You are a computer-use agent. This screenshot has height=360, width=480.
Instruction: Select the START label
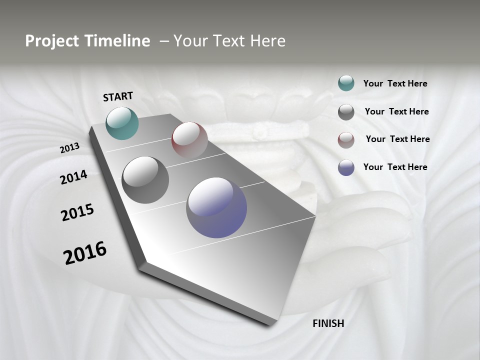coord(118,96)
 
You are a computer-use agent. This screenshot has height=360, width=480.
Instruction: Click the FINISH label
coord(328,323)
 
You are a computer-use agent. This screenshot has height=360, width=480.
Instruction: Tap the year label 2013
coord(69,148)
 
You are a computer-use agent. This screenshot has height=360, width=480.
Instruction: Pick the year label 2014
coord(73,177)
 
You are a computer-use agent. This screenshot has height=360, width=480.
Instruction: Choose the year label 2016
coord(85,253)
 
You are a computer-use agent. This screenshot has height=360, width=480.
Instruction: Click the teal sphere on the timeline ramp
coord(122,123)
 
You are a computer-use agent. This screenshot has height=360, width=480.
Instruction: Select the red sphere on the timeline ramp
coord(189,140)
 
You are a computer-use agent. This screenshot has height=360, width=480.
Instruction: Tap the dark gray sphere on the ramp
coord(145,180)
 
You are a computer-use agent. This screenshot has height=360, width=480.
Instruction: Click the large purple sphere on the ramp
coord(216,207)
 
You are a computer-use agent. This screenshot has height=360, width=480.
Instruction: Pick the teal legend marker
coord(346,83)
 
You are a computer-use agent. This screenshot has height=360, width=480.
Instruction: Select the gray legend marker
coord(346,111)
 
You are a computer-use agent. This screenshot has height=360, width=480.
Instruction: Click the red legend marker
coord(346,139)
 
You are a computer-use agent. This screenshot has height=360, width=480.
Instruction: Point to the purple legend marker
coord(346,167)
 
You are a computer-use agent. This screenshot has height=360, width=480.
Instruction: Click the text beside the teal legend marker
coord(395,83)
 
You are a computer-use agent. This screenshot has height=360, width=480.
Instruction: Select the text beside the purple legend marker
coord(395,167)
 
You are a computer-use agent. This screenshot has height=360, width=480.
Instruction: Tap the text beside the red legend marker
coord(397,139)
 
